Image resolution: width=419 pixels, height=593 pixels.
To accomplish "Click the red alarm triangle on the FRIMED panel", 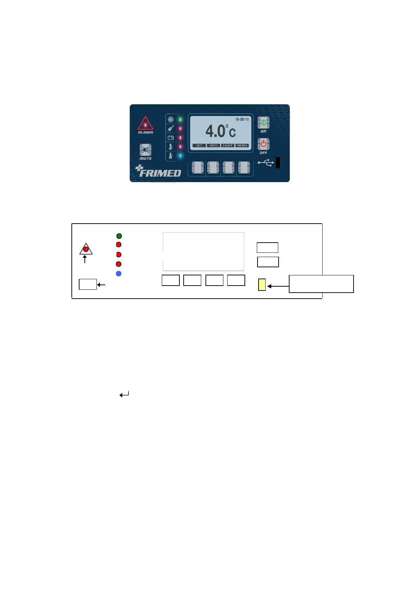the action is click(145, 124).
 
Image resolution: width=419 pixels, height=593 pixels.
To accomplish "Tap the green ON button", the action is click(263, 123).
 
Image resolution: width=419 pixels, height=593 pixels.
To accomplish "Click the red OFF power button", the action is click(263, 144).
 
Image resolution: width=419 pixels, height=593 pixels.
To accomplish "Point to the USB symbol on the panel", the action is click(266, 163).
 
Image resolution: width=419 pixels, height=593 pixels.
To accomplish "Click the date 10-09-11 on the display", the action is click(242, 120).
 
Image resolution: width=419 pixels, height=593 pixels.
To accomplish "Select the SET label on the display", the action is click(199, 145).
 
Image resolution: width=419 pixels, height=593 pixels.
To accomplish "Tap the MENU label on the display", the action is click(242, 145).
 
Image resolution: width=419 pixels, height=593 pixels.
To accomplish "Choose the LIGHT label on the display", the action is click(228, 145).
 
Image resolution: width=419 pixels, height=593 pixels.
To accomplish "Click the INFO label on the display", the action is click(214, 145).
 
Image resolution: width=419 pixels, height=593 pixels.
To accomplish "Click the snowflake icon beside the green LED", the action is click(171, 120).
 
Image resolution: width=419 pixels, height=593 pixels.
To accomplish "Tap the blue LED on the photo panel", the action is click(180, 156).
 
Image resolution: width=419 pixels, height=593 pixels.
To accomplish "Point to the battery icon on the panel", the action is click(171, 138).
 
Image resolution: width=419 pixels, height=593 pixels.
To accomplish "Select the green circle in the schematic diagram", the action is click(119, 236).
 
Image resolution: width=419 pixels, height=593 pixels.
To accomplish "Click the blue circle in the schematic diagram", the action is click(119, 274).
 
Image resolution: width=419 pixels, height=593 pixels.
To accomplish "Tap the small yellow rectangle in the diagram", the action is click(262, 285).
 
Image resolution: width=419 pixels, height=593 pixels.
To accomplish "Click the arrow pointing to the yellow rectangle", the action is click(278, 286).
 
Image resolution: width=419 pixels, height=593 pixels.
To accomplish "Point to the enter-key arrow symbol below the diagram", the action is click(124, 394).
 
